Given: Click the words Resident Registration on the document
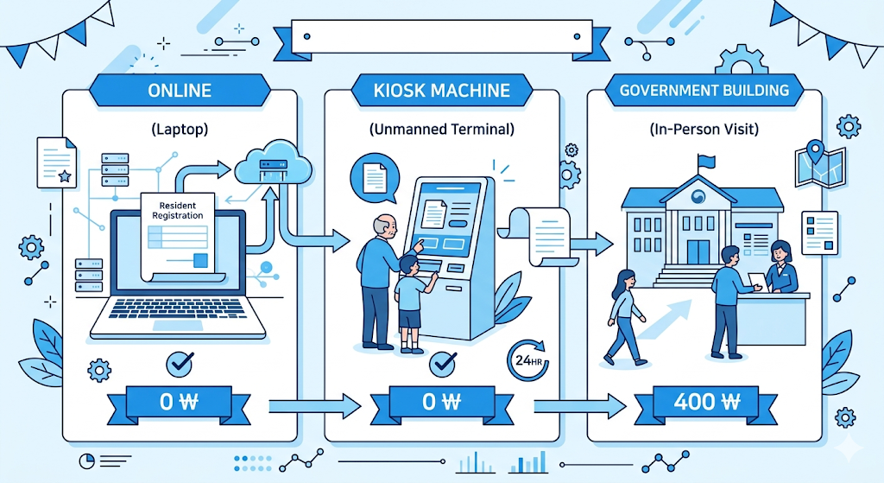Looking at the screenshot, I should click(177, 210).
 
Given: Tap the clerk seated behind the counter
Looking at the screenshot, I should click(781, 269).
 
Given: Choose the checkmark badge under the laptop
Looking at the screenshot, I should click(180, 365).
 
